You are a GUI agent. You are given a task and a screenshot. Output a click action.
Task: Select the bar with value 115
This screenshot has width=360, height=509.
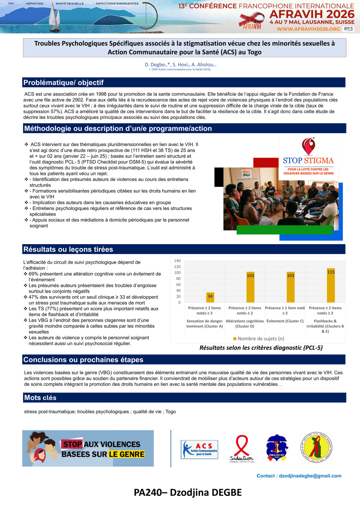331,285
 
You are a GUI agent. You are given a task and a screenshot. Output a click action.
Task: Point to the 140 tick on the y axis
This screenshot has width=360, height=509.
177,260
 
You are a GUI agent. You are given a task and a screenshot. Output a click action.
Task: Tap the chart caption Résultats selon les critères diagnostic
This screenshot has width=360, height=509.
261,348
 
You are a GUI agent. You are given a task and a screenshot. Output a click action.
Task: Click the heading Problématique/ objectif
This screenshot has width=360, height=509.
64,83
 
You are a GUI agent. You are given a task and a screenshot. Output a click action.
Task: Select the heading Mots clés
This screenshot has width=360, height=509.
40,398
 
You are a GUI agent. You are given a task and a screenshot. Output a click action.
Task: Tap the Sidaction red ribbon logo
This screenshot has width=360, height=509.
241,449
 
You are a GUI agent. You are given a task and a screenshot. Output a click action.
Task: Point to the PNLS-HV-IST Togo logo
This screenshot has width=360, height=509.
277,448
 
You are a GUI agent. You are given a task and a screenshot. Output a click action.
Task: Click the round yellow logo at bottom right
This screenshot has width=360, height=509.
317,448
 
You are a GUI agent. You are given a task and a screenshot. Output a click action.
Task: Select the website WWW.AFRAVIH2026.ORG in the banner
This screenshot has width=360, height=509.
308,29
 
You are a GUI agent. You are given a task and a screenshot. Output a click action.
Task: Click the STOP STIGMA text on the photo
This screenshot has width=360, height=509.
308,161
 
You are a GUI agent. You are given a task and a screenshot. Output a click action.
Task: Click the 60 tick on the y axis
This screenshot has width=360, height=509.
177,285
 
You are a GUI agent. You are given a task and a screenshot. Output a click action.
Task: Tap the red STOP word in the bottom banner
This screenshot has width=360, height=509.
72,445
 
